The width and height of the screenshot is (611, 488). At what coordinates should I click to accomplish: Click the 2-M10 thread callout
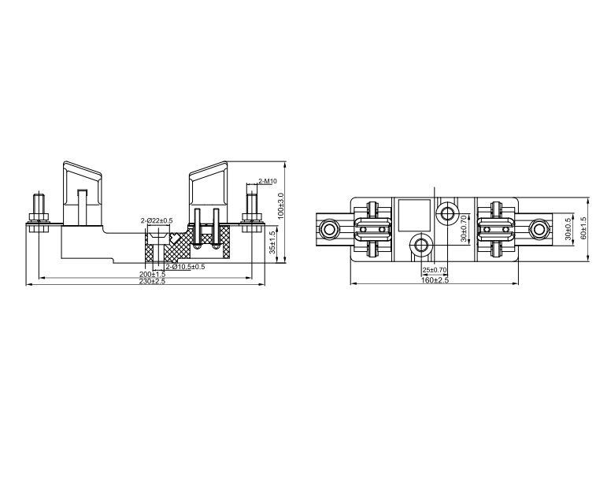[268, 181]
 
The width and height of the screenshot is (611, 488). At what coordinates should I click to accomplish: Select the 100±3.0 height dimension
[282, 205]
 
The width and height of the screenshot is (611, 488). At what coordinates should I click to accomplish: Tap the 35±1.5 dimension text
[272, 242]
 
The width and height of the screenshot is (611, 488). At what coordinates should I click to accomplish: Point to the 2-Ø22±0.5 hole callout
[157, 221]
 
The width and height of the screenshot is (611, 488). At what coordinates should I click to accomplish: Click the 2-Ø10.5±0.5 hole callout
[185, 267]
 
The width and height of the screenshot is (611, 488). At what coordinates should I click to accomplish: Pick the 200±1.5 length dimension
[153, 274]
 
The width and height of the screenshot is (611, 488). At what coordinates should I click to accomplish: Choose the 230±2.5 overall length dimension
[153, 281]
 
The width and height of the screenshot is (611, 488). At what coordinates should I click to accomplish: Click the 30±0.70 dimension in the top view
[464, 228]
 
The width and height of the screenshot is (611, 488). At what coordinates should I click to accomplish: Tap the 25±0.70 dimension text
[435, 269]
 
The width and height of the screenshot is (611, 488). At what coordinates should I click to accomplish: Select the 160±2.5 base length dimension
[435, 280]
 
